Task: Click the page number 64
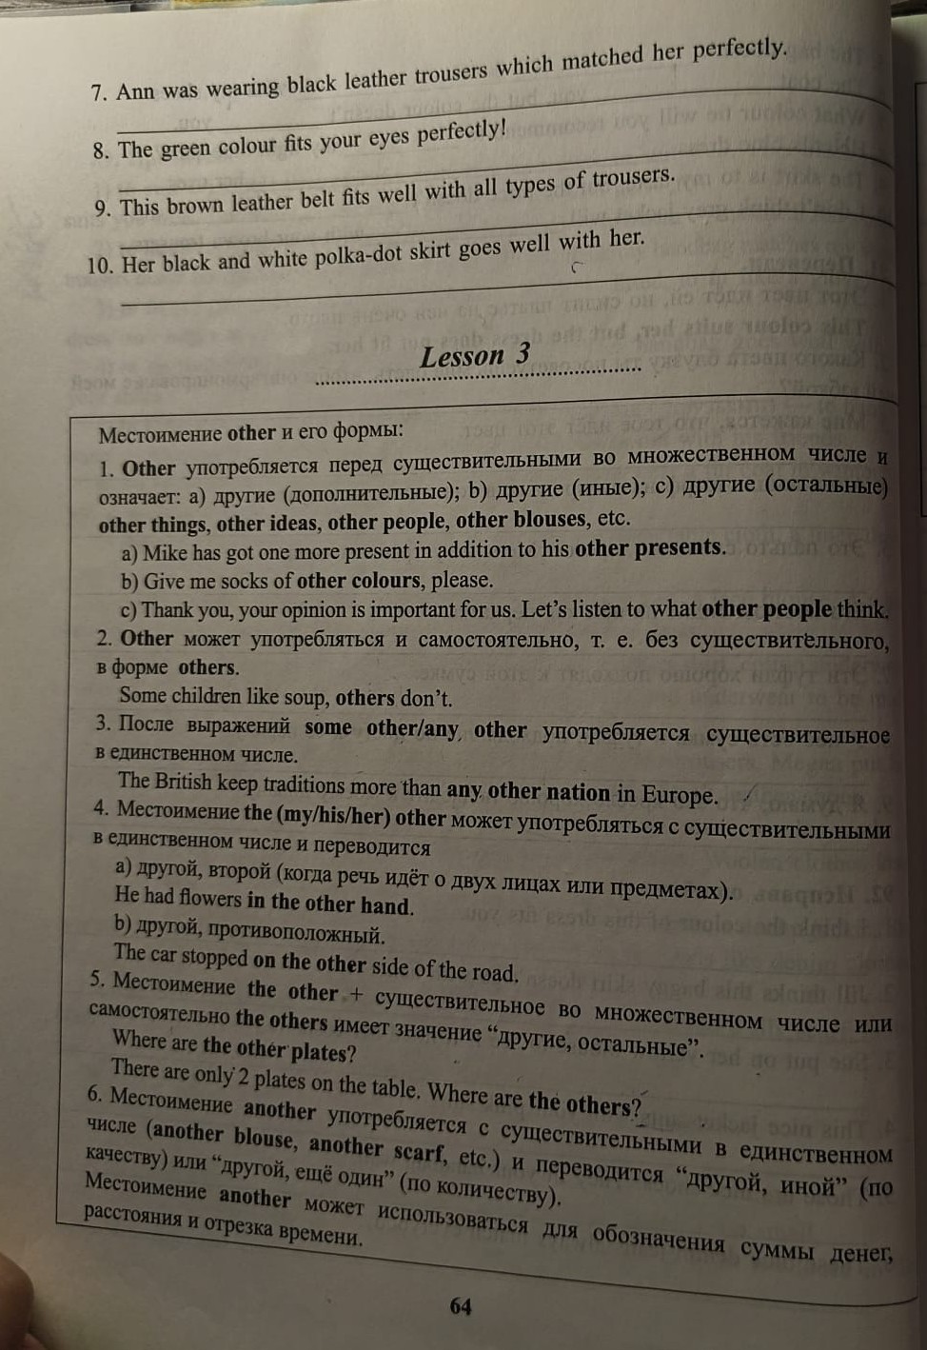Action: tap(461, 1306)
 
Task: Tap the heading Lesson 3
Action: tap(475, 356)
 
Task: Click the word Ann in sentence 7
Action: tap(134, 91)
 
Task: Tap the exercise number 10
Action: tap(99, 266)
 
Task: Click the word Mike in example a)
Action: tap(164, 552)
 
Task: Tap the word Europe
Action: tap(678, 794)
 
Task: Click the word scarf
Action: tap(418, 1150)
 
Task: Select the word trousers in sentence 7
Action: tap(451, 73)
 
